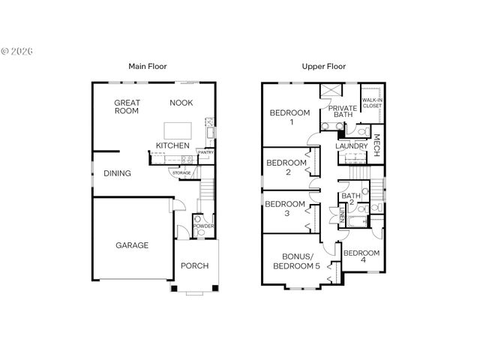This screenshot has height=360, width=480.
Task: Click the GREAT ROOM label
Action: (x=127, y=106)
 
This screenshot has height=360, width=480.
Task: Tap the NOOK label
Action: (x=181, y=103)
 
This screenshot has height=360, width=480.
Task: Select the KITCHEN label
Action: (x=172, y=145)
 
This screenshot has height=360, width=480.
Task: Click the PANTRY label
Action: (x=205, y=153)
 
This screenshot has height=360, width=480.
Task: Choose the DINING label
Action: (x=117, y=173)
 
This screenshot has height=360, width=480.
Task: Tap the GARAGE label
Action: (x=131, y=245)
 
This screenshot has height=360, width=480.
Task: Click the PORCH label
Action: (x=195, y=265)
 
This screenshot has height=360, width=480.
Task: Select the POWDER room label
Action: (x=202, y=226)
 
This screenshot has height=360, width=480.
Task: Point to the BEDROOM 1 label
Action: (x=289, y=118)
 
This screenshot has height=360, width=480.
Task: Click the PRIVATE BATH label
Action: (x=343, y=112)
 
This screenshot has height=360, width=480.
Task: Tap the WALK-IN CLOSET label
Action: (x=372, y=103)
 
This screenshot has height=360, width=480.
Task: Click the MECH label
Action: (x=376, y=142)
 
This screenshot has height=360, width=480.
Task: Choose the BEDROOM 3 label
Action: (x=286, y=208)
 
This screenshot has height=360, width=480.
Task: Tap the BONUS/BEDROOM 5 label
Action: (x=295, y=260)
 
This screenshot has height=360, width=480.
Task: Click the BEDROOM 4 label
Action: (x=361, y=257)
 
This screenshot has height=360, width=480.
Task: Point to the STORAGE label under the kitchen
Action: (x=182, y=173)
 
